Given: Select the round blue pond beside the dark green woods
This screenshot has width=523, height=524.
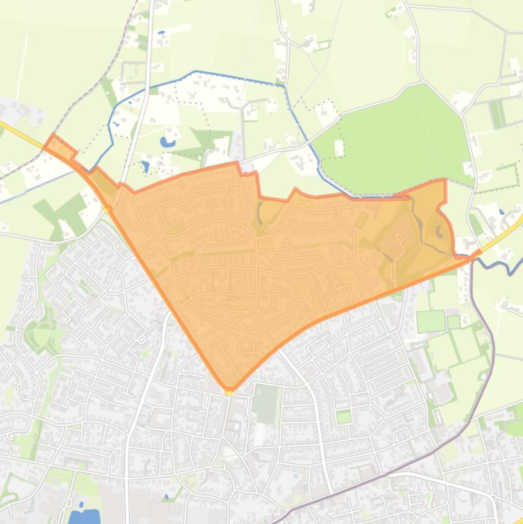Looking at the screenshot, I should [166, 143].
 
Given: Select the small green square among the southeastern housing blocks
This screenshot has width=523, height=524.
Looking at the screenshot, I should [343, 416].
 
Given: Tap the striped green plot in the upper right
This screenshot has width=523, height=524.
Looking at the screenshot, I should [498, 113].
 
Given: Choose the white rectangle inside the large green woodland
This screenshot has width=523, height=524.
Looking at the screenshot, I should [339, 146].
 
